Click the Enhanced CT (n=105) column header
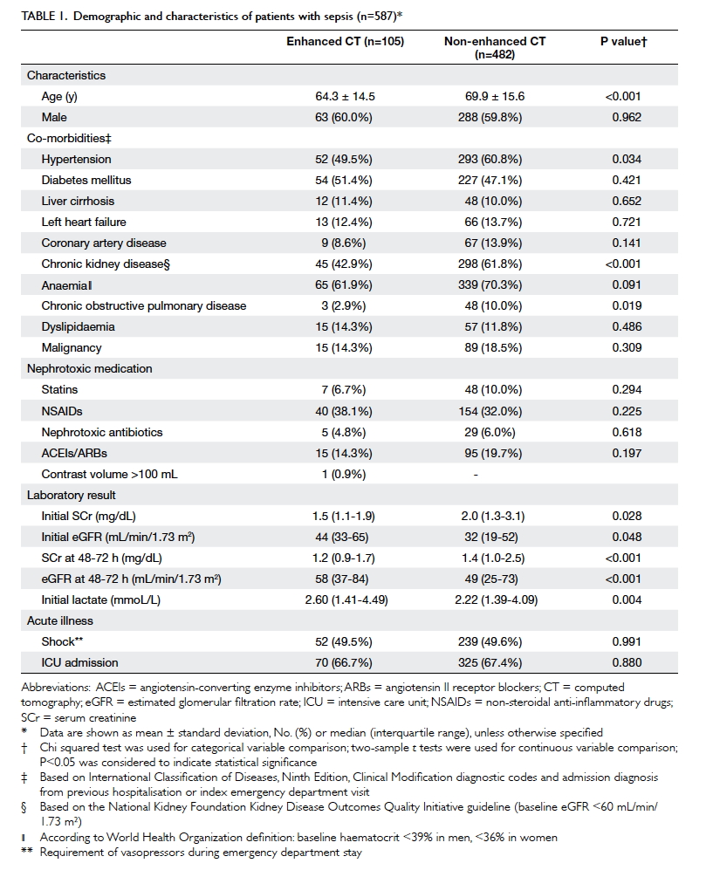(x=345, y=42)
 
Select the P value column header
(x=624, y=42)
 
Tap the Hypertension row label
(x=76, y=159)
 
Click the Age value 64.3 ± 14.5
(x=345, y=97)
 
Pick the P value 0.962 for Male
(x=627, y=118)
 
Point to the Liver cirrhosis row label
(x=78, y=201)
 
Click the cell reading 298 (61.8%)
(x=490, y=264)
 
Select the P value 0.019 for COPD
(x=627, y=305)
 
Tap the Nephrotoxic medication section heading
(x=89, y=369)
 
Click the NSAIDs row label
(x=62, y=412)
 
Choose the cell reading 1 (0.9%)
(x=344, y=475)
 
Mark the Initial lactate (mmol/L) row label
(x=100, y=599)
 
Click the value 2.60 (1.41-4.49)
(x=346, y=599)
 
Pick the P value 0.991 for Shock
(x=627, y=642)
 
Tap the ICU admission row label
(x=79, y=662)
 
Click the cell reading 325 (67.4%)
(x=490, y=662)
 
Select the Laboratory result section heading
(x=71, y=496)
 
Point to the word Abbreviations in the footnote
(x=56, y=688)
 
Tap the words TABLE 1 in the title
(x=45, y=16)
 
